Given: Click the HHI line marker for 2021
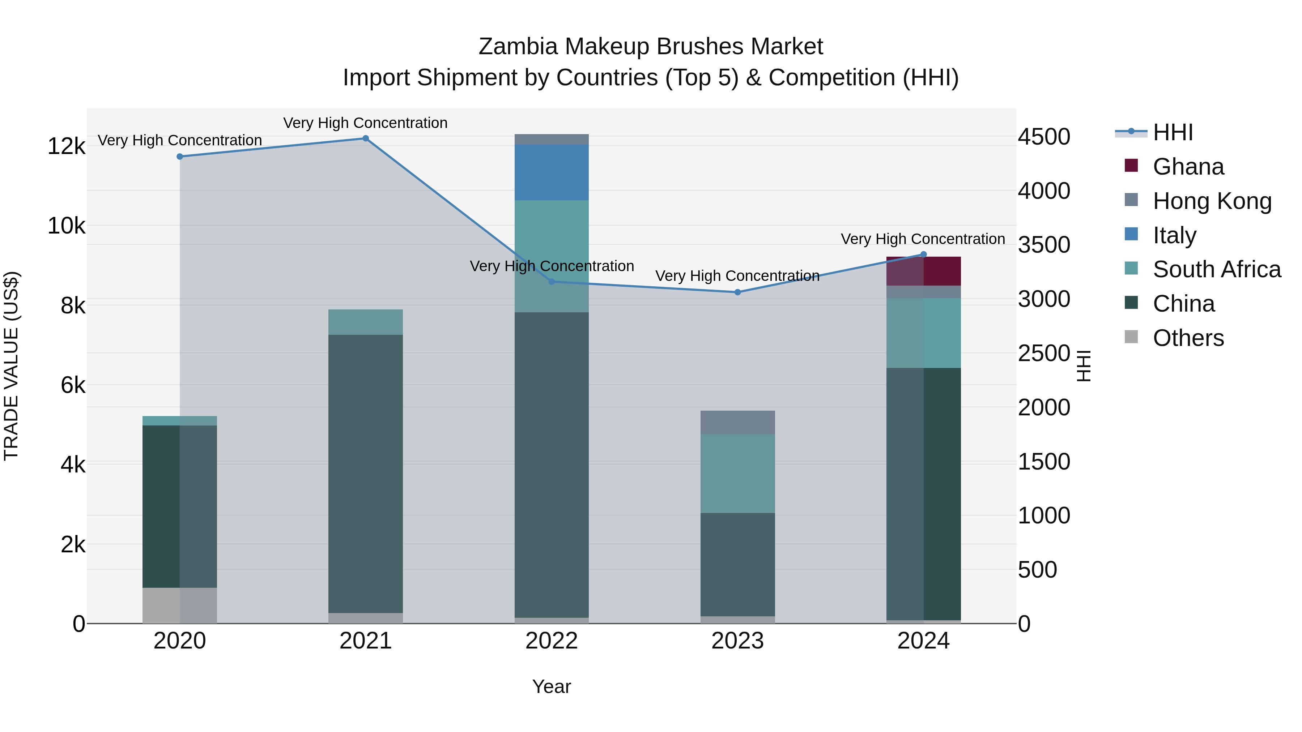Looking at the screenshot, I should [x=365, y=138].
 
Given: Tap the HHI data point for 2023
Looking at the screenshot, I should [x=737, y=292].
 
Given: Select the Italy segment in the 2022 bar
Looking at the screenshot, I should [x=552, y=172].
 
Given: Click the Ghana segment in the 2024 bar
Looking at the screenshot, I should [x=923, y=271].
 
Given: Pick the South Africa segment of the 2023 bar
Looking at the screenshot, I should [x=737, y=473].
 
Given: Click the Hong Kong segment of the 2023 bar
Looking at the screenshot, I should [x=737, y=422].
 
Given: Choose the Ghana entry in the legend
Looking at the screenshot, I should [x=1188, y=167].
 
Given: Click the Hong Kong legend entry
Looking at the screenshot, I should [x=1212, y=201].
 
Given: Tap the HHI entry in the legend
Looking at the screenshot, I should [x=1173, y=132].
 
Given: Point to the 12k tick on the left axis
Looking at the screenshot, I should [x=66, y=146].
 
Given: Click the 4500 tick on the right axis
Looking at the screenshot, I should [x=1044, y=137].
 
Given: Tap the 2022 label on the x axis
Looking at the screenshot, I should [x=552, y=641].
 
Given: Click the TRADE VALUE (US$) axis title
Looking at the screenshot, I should [x=11, y=366].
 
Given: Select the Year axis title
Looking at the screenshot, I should [x=552, y=686].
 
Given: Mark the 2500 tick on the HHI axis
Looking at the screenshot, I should [x=1044, y=353].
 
